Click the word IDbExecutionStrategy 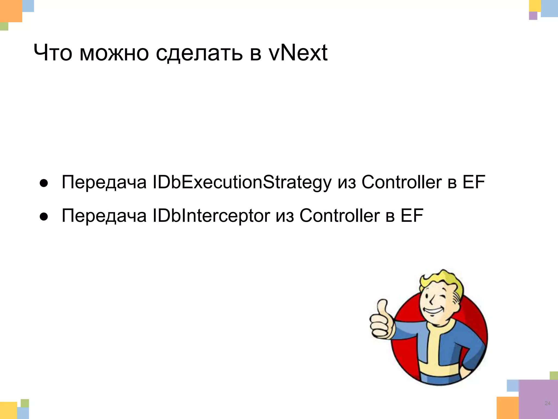242,182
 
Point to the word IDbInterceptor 211,216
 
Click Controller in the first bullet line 401,182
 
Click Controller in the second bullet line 339,215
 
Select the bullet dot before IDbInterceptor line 44,217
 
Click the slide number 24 547,403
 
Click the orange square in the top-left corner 10,10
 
